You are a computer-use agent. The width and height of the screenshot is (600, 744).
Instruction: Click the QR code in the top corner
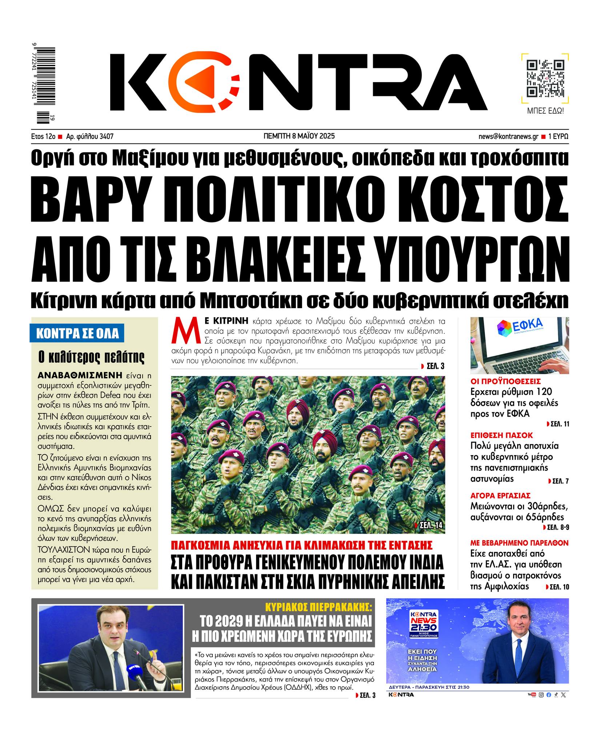(545, 79)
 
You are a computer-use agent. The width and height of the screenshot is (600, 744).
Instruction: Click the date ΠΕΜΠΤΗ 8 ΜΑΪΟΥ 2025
(299, 136)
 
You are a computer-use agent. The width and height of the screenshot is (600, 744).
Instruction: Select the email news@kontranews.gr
(508, 137)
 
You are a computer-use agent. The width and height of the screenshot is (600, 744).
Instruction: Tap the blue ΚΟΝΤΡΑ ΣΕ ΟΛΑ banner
(77, 334)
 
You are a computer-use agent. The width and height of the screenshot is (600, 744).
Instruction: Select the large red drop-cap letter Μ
(185, 330)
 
